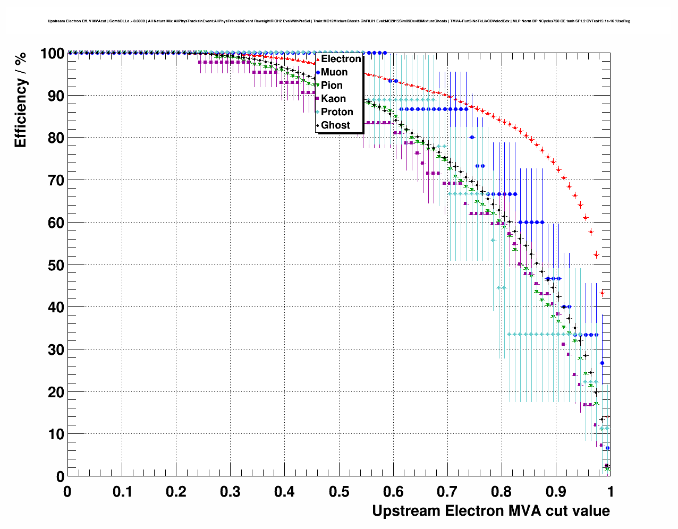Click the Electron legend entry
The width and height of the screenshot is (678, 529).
(x=341, y=59)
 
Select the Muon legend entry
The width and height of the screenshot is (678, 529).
(x=334, y=72)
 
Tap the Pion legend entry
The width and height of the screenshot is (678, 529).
(x=332, y=86)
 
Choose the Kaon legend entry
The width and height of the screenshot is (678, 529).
(x=333, y=99)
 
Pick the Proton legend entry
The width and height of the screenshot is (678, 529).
(x=337, y=112)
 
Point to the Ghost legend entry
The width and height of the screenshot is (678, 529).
(x=335, y=125)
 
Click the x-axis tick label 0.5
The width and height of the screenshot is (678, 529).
(x=339, y=491)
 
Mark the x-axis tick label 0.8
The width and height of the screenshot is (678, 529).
(x=502, y=491)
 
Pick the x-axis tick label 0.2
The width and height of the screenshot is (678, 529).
(x=176, y=491)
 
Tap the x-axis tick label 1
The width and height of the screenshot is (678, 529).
(x=611, y=491)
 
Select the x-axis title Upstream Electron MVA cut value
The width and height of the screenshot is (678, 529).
(x=491, y=511)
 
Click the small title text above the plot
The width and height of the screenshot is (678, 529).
(x=339, y=21)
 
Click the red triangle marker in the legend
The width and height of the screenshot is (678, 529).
(x=318, y=59)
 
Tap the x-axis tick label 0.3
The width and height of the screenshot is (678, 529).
(x=230, y=491)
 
